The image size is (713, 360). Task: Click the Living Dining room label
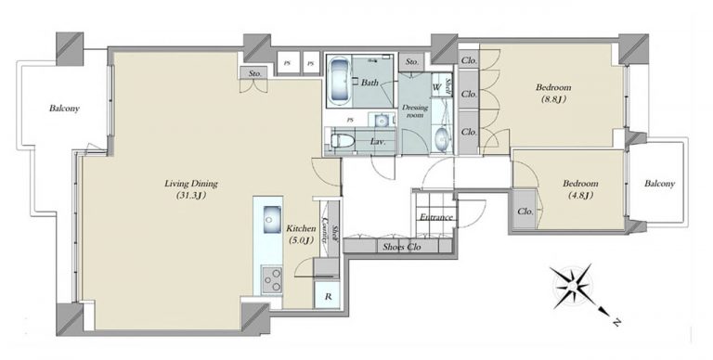[191, 184]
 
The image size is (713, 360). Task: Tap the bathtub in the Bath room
[338, 81]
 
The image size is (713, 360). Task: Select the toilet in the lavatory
[343, 141]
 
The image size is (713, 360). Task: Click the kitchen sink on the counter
[271, 219]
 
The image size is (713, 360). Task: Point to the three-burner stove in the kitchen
[271, 280]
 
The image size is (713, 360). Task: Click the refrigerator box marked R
[328, 296]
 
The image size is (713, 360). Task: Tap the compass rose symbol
[575, 288]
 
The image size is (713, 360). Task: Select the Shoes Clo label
[401, 248]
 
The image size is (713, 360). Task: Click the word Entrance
[436, 217]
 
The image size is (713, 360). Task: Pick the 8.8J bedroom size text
[553, 99]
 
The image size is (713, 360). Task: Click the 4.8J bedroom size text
[580, 196]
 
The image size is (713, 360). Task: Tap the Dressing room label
[415, 111]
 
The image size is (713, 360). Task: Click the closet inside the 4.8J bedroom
[525, 212]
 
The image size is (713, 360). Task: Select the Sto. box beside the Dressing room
[412, 61]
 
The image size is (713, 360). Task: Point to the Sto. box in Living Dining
[254, 73]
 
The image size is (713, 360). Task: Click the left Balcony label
[64, 109]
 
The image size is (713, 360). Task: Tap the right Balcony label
[659, 184]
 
